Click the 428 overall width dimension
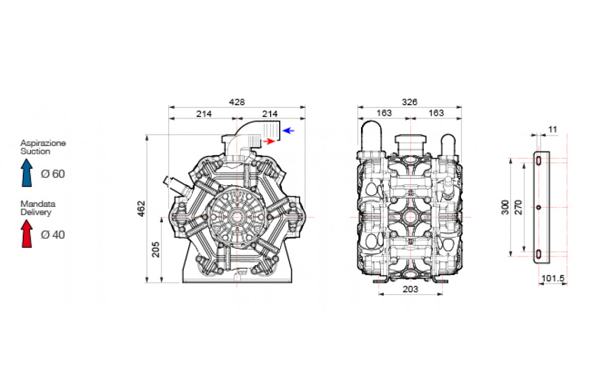click(237, 102)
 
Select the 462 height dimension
click(141, 208)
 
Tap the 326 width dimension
click(410, 102)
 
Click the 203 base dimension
click(410, 289)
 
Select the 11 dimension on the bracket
click(553, 129)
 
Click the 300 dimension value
click(505, 207)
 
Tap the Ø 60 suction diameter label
click(52, 174)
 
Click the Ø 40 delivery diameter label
click(52, 234)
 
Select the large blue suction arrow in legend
click(27, 172)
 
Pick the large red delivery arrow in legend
click(27, 233)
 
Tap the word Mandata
click(38, 204)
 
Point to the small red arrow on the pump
click(270, 141)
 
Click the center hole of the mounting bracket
click(538, 207)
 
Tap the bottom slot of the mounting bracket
click(538, 254)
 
